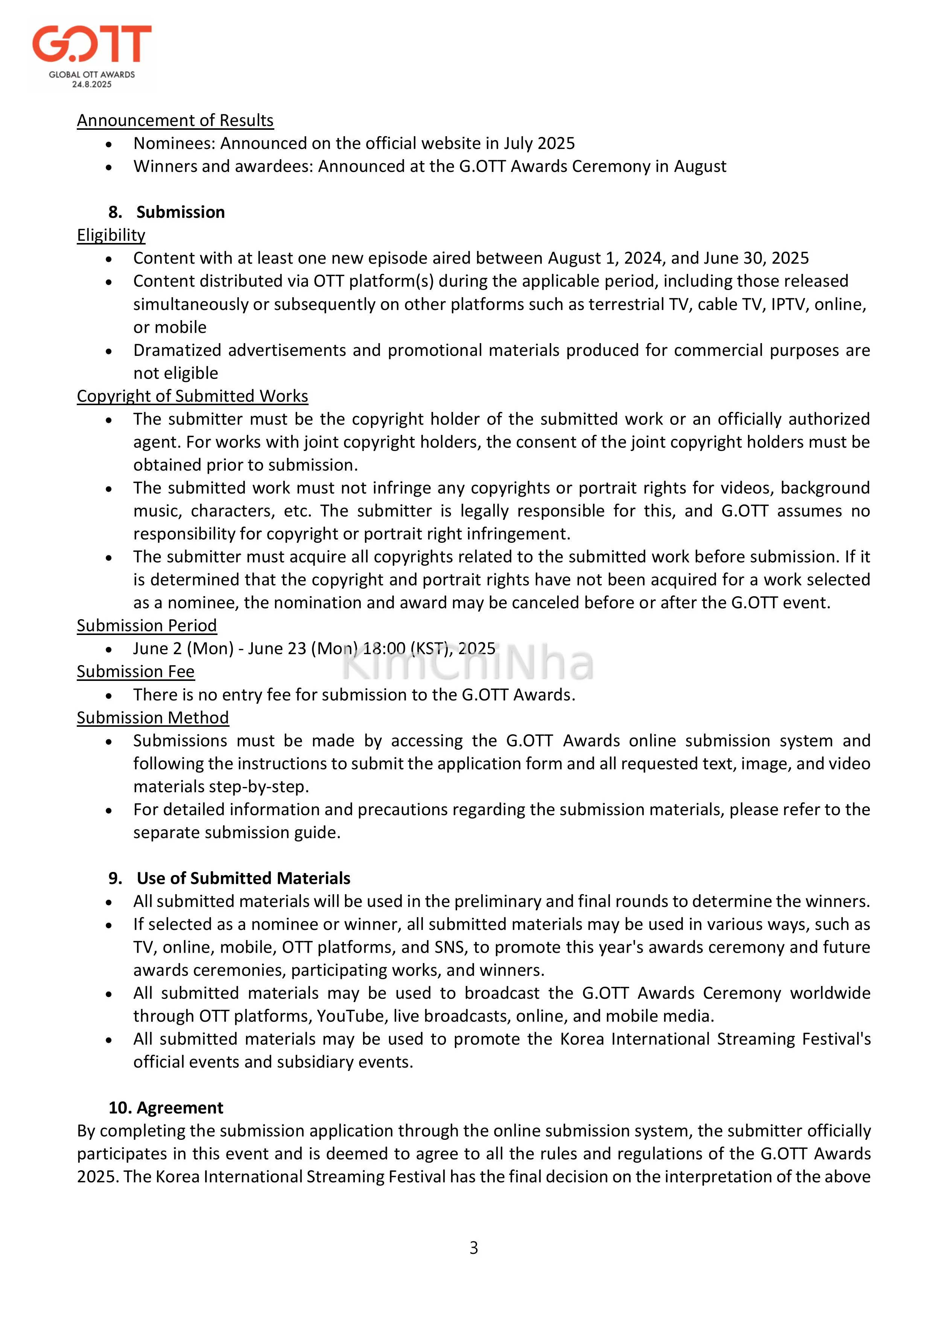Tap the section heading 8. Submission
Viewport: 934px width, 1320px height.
coord(167,212)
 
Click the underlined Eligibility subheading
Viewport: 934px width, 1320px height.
coord(111,235)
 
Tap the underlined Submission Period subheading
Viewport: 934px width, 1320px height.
coord(147,626)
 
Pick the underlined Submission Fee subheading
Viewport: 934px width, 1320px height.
coord(136,671)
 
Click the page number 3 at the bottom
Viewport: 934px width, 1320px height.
coord(473,1248)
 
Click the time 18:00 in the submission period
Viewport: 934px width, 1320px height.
coord(384,649)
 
